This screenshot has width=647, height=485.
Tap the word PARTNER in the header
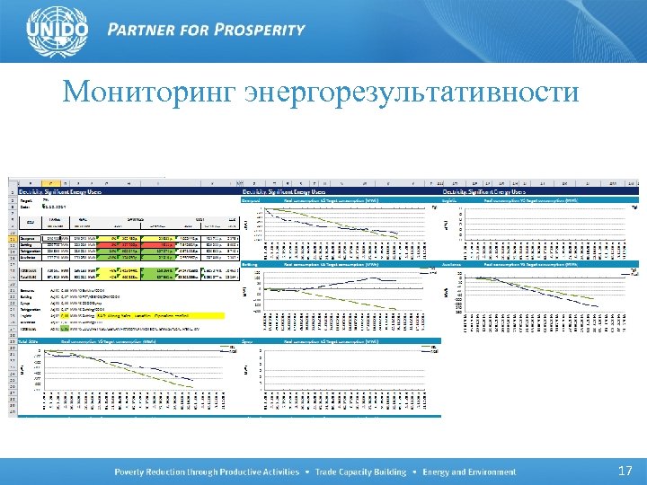tap(145, 29)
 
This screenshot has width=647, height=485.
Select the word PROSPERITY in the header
tap(261, 29)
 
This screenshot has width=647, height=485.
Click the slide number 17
tap(625, 471)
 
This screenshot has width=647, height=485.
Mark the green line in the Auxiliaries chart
tap(575, 295)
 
